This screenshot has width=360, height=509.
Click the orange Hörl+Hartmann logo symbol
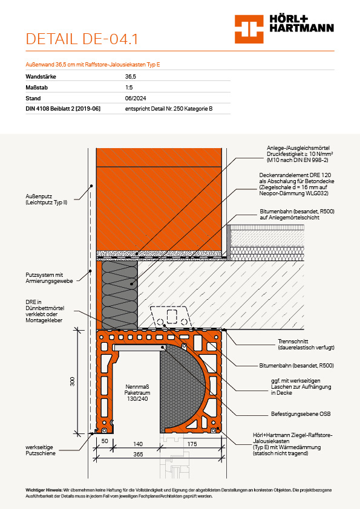[249, 29]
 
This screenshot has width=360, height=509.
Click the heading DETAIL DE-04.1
[82, 39]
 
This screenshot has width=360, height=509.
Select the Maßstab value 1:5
[129, 87]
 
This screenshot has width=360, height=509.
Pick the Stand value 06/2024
[136, 99]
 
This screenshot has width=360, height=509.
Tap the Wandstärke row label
[41, 77]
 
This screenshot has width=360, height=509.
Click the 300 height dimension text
[72, 381]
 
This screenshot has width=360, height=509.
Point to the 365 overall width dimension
[138, 454]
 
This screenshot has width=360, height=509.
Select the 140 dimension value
[138, 444]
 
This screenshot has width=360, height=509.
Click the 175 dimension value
[192, 444]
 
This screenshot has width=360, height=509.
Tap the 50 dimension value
[105, 441]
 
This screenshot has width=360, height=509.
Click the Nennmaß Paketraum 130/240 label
[137, 393]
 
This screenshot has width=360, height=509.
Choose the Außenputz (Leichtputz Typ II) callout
[47, 199]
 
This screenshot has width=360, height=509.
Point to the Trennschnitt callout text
[306, 345]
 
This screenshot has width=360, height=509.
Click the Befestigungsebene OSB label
[301, 414]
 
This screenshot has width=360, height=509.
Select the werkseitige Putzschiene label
[41, 450]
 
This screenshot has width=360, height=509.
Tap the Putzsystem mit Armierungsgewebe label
[50, 278]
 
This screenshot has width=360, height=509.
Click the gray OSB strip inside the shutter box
[139, 348]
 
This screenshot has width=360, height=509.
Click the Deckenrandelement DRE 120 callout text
[296, 184]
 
